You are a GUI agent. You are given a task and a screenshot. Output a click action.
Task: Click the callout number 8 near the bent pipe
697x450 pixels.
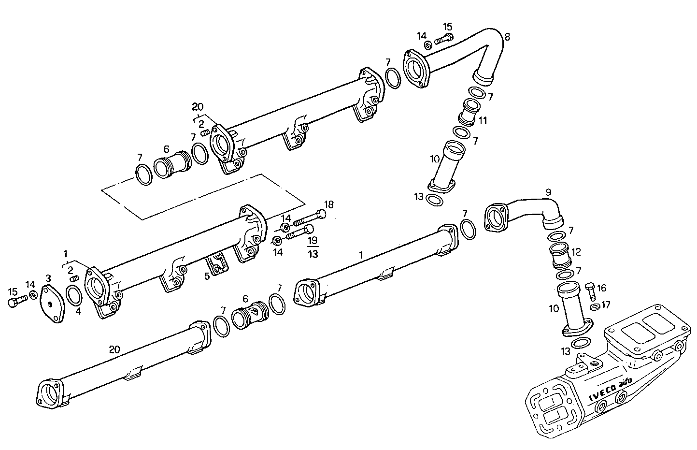507,36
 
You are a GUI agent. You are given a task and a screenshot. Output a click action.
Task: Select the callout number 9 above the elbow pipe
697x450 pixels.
548,192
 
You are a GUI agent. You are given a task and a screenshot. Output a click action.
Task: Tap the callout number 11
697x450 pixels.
483,120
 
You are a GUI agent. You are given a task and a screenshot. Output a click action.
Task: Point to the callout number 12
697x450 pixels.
576,252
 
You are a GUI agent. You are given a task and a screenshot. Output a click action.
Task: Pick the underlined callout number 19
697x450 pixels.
313,240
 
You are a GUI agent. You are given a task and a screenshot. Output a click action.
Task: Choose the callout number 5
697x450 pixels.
207,276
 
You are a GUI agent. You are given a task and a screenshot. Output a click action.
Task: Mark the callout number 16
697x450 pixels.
601,288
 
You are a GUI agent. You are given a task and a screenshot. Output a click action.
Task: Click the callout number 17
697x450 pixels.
606,305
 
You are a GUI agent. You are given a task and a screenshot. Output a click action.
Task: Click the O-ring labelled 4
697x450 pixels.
73,295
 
